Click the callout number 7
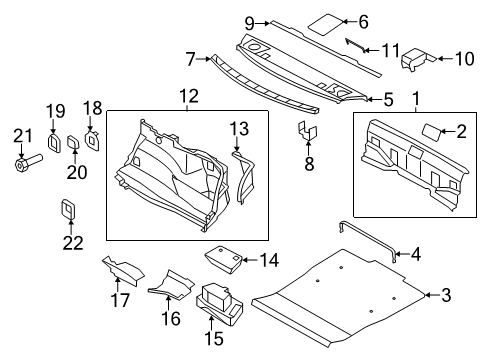coord(187,59)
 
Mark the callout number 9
coord(251,21)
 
